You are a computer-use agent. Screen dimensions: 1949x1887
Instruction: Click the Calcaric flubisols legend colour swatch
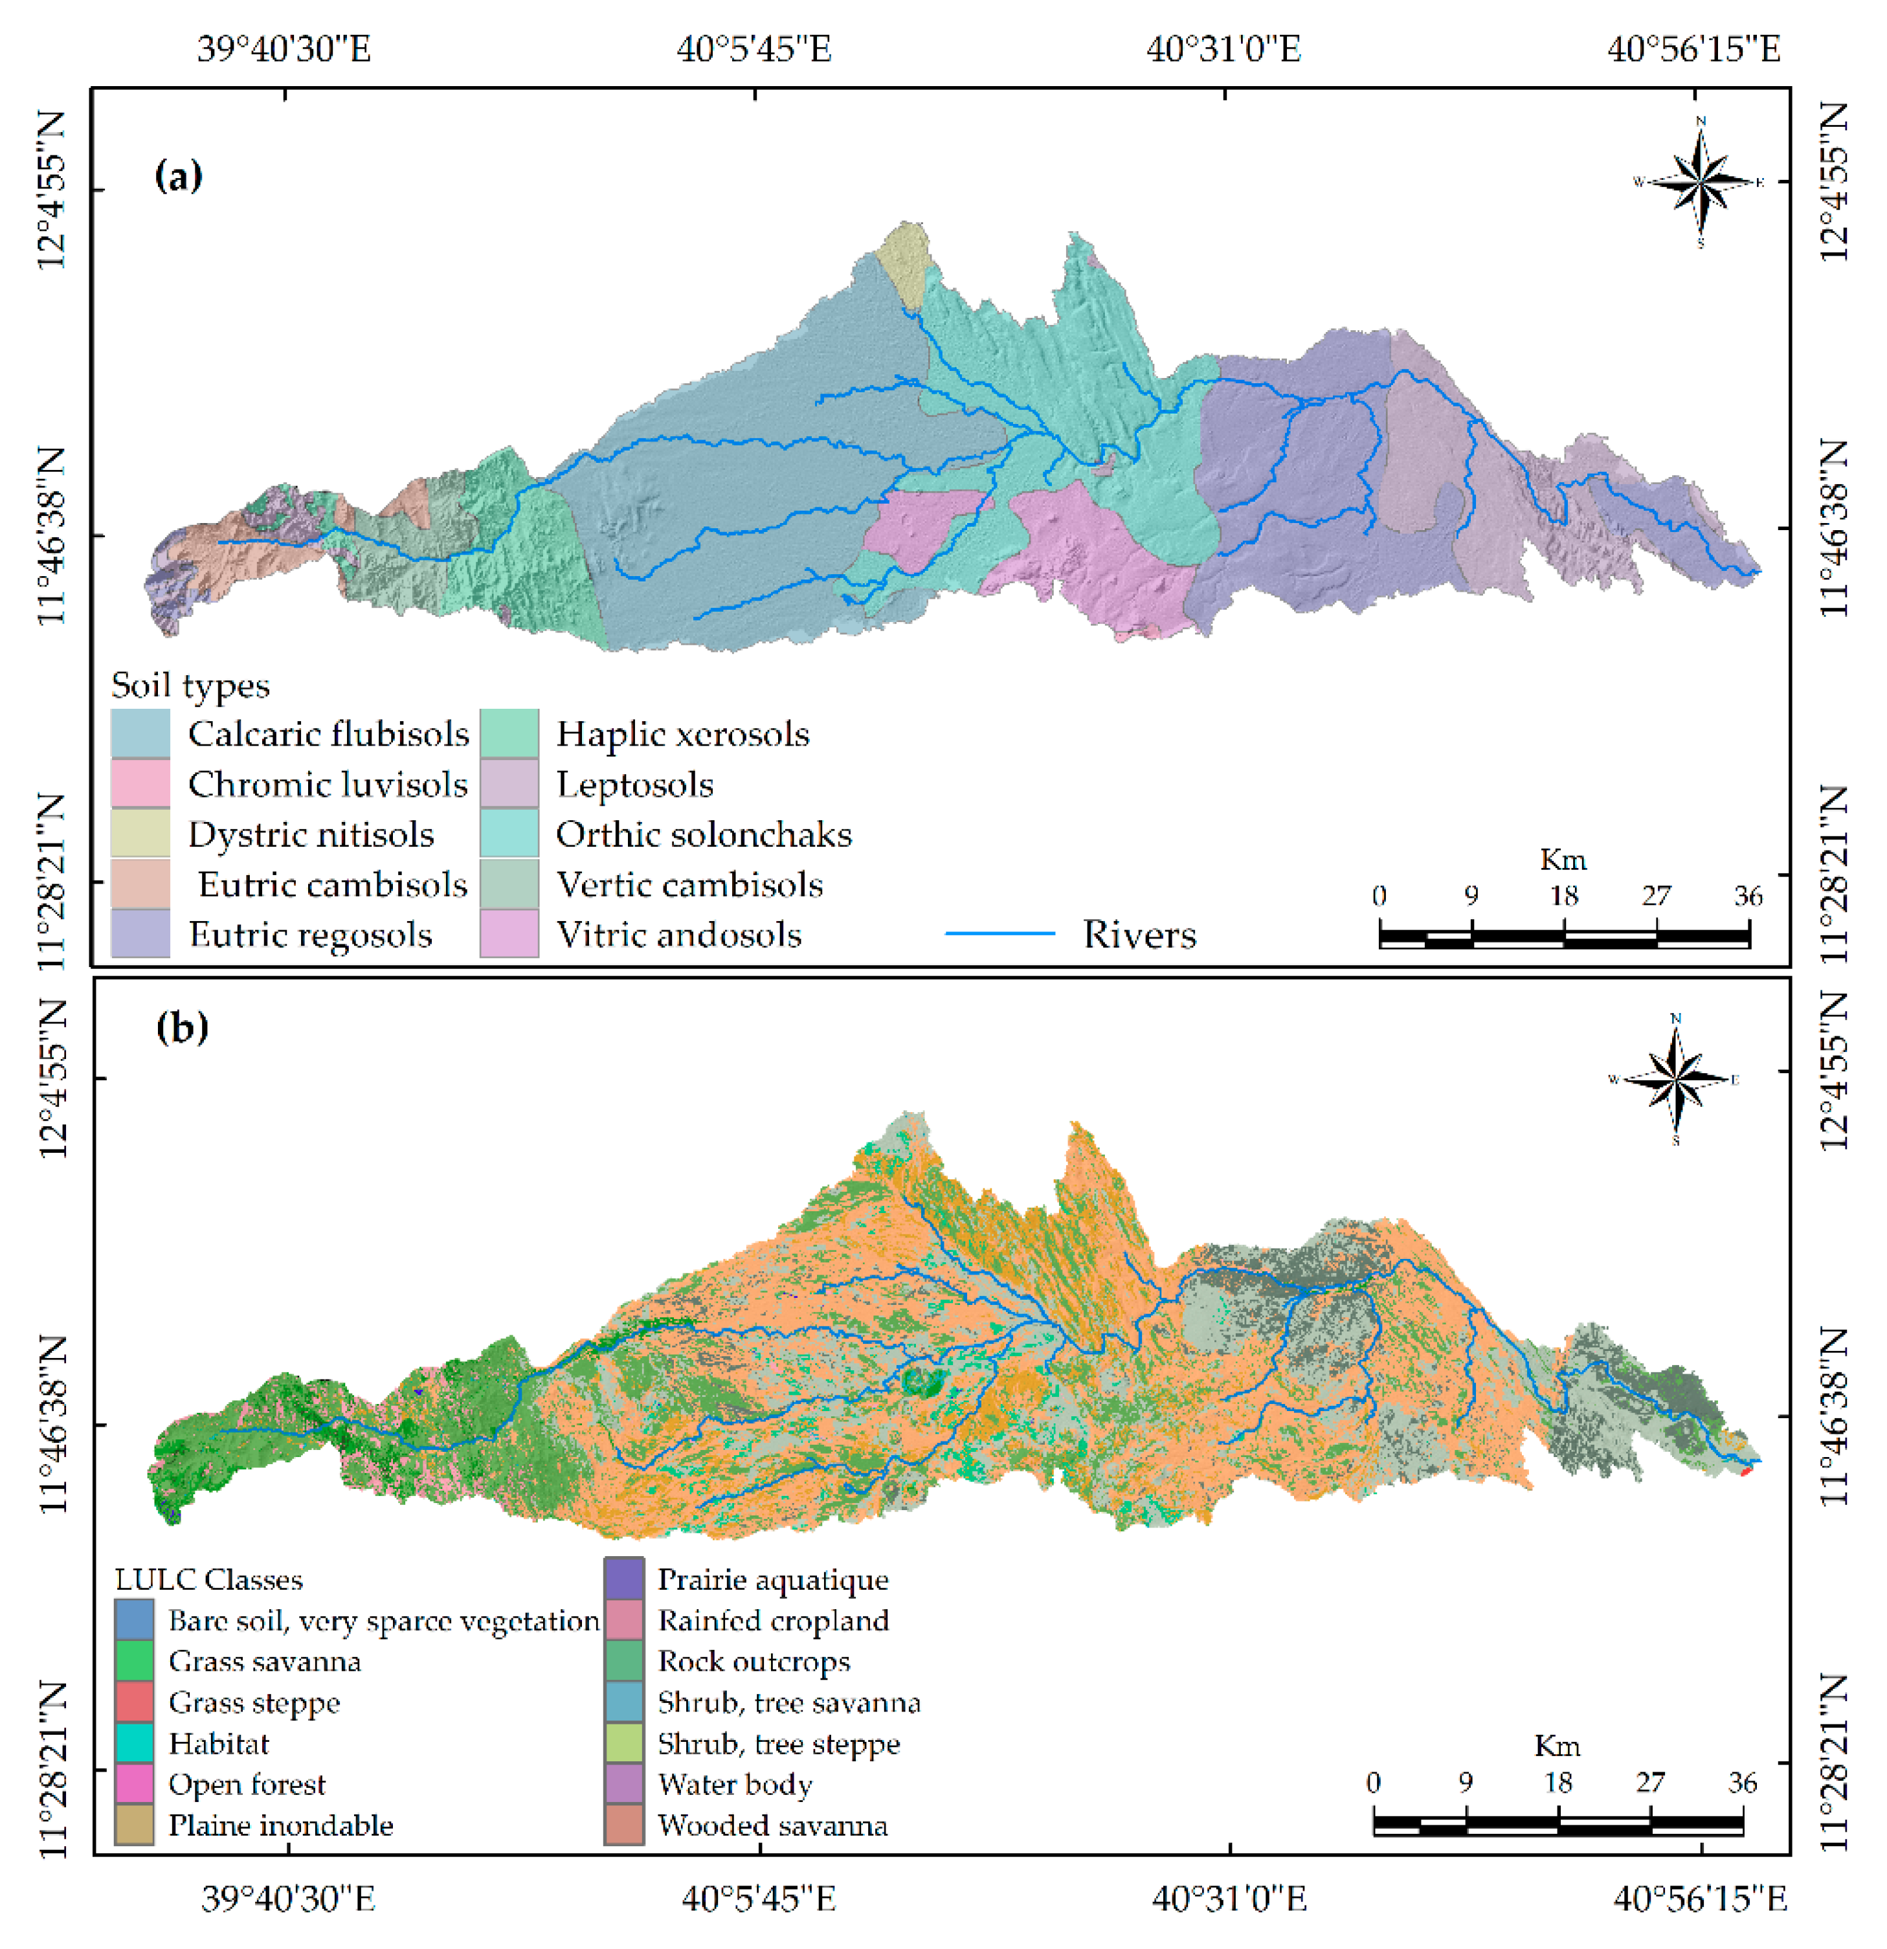[140, 734]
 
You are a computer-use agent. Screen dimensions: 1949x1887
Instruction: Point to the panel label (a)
[179, 176]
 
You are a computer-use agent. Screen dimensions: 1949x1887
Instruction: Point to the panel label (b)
[182, 1027]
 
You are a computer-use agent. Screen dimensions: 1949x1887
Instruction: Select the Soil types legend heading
[190, 685]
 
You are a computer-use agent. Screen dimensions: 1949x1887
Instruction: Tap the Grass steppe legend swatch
[134, 1702]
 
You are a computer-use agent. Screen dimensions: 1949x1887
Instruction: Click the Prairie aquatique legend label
[772, 1580]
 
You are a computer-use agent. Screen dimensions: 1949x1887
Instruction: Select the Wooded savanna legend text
[772, 1826]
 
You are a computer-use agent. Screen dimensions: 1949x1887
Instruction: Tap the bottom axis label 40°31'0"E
[1229, 1899]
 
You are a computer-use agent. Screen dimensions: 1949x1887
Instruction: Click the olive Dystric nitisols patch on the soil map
[904, 260]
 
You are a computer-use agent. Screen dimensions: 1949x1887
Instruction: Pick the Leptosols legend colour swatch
[509, 784]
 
